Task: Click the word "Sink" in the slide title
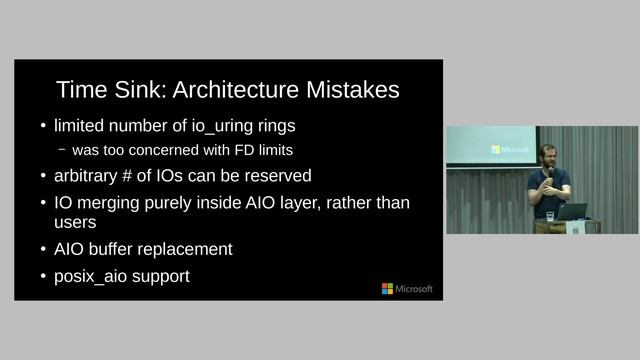(139, 90)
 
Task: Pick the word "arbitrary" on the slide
(88, 176)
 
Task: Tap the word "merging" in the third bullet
(109, 203)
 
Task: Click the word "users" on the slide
(75, 223)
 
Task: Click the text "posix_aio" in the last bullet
(89, 276)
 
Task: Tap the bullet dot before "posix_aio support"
(43, 276)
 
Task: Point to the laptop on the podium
(573, 212)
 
